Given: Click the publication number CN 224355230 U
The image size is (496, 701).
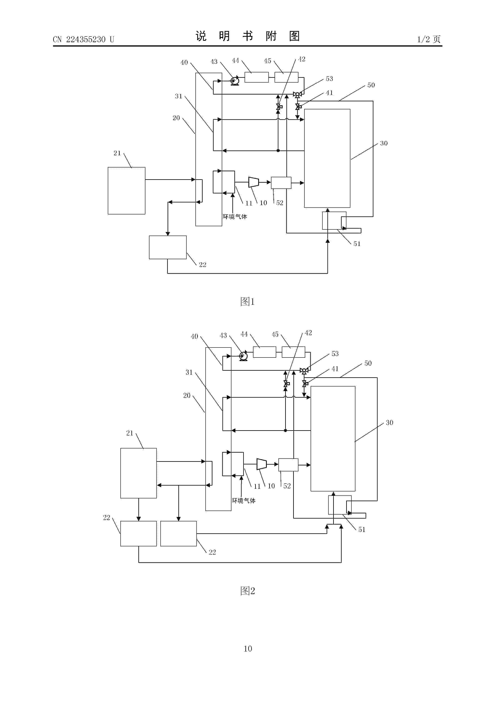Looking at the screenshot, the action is (83, 39).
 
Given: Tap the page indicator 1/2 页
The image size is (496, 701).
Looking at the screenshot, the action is (429, 39).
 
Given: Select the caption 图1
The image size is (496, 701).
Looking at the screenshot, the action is (248, 302).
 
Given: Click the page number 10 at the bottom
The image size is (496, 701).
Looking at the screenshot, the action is (248, 648).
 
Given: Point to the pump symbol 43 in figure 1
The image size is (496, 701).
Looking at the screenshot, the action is (235, 81).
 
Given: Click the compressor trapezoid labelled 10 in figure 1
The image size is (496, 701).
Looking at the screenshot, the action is (254, 182).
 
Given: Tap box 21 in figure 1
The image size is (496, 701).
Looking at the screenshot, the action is (127, 191).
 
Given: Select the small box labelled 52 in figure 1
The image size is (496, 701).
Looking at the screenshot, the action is (281, 183).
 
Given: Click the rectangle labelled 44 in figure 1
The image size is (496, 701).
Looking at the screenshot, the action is (257, 77).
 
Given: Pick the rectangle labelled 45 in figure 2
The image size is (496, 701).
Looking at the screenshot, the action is (293, 352).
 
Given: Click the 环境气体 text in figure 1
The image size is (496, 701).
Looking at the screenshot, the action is (235, 217).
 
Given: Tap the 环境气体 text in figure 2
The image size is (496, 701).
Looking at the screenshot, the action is (244, 501).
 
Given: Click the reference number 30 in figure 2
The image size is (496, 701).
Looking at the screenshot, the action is (389, 423).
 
